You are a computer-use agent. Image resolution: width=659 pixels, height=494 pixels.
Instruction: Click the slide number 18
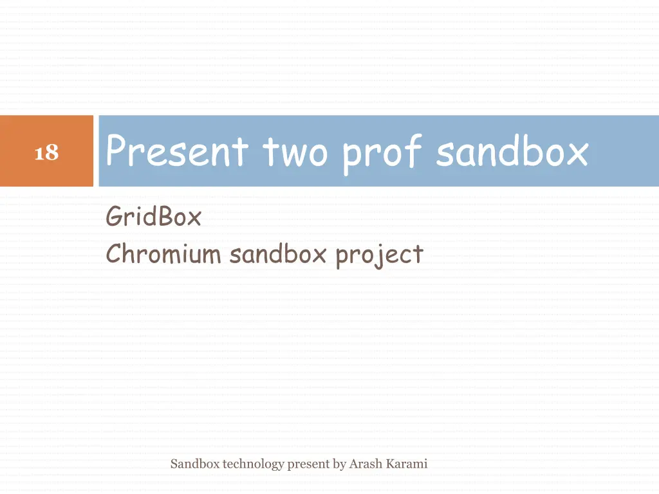click(x=46, y=153)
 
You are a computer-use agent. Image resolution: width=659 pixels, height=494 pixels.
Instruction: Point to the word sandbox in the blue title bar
click(x=512, y=152)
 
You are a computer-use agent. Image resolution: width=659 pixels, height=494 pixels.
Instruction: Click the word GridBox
click(x=153, y=217)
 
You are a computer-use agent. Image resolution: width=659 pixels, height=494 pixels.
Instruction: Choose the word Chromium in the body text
click(x=163, y=255)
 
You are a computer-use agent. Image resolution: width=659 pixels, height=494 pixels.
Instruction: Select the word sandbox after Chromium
click(x=278, y=255)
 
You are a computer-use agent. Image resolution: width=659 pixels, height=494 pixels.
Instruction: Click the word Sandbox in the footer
click(x=195, y=463)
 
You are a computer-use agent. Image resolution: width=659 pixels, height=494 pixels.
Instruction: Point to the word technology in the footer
click(x=253, y=464)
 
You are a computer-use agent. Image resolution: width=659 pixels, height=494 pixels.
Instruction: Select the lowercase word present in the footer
click(x=308, y=464)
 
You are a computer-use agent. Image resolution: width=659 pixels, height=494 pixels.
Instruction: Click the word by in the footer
click(x=339, y=464)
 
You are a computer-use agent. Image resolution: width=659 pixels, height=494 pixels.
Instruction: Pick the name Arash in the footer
click(x=365, y=463)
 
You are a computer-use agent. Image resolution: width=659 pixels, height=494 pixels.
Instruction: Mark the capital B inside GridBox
click(x=164, y=217)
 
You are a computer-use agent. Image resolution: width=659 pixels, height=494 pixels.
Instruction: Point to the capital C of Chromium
click(x=113, y=255)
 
